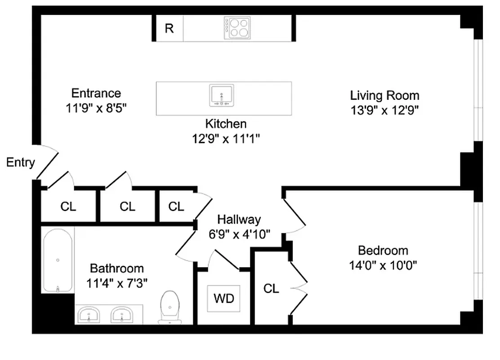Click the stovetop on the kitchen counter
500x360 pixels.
pyautogui.click(x=237, y=27)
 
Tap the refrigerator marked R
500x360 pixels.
pyautogui.click(x=169, y=29)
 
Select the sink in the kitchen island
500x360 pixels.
pyautogui.click(x=222, y=95)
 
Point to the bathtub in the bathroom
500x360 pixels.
pyautogui.click(x=58, y=260)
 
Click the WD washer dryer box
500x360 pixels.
pyautogui.click(x=223, y=298)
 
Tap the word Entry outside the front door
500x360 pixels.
pyautogui.click(x=20, y=162)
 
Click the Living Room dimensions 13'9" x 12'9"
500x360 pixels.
pyautogui.click(x=385, y=110)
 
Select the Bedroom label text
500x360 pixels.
pyautogui.click(x=383, y=250)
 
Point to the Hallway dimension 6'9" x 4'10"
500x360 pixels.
pyautogui.click(x=239, y=234)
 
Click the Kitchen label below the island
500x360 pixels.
pyautogui.click(x=226, y=123)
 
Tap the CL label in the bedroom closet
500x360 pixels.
pyautogui.click(x=271, y=288)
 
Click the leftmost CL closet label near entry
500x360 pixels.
pyautogui.click(x=68, y=207)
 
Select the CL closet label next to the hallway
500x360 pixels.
pyautogui.click(x=176, y=207)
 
